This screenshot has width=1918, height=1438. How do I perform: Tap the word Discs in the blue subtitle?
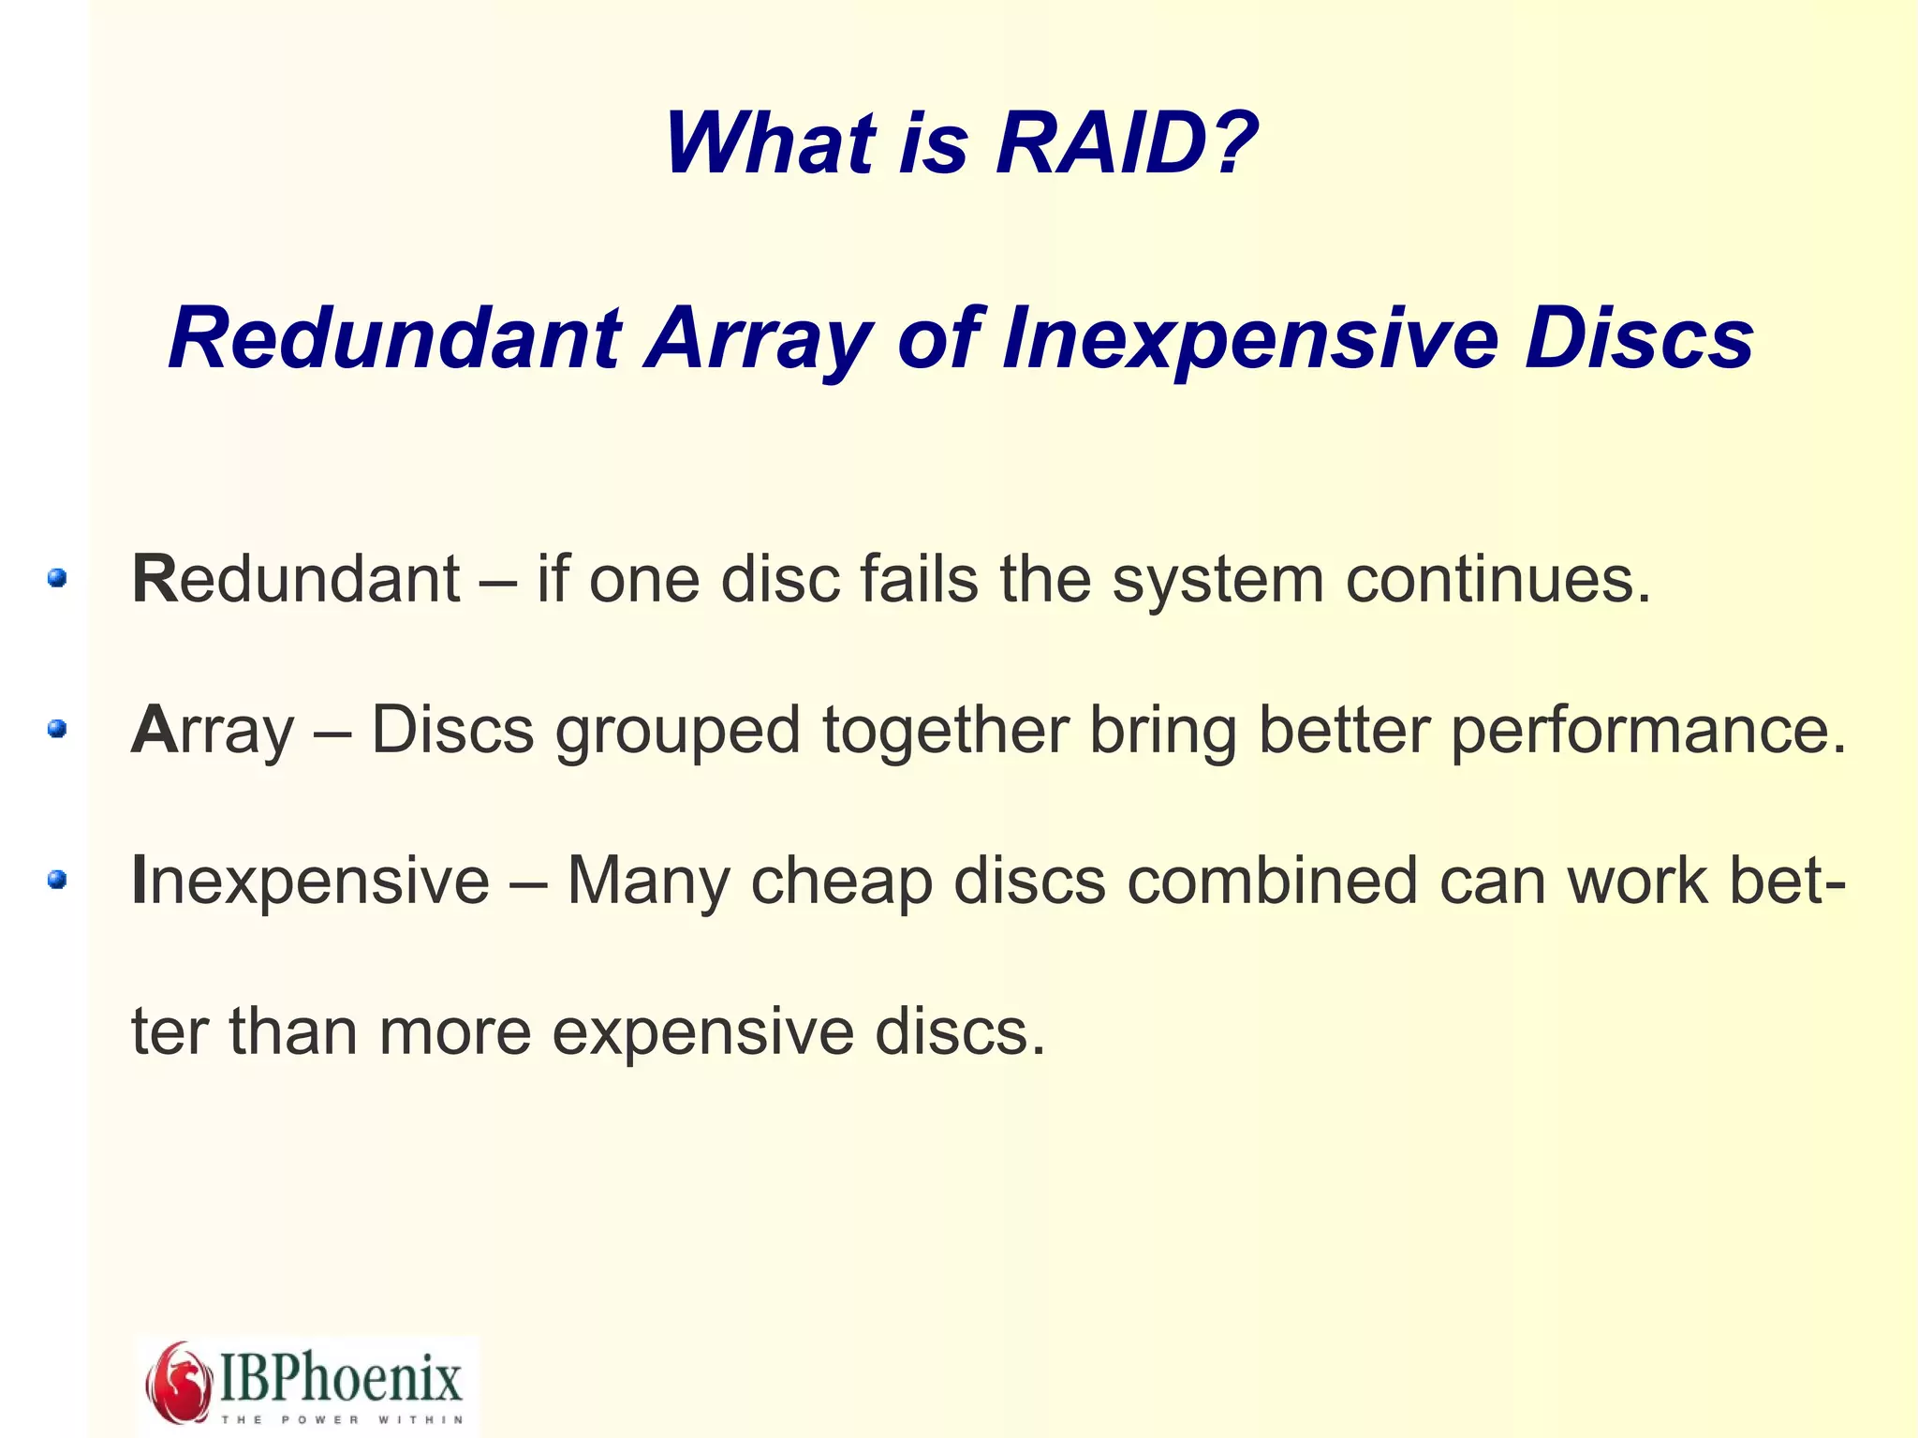point(1639,339)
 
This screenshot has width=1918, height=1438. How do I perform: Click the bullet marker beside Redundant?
point(57,578)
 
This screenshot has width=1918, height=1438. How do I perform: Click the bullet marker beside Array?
point(57,728)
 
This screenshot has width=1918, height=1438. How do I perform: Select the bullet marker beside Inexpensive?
point(57,879)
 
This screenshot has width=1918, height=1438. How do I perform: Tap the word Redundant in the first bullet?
point(296,579)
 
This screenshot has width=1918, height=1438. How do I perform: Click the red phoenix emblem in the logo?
point(179,1381)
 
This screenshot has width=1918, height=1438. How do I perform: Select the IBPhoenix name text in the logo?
point(341,1376)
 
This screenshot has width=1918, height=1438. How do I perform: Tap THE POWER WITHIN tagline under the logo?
point(341,1419)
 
